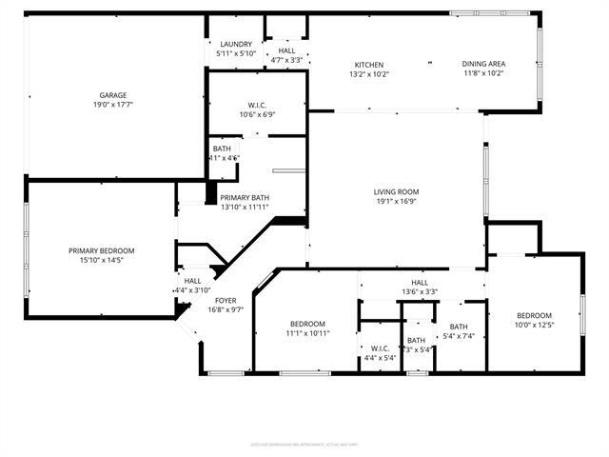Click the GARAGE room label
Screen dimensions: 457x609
click(x=113, y=95)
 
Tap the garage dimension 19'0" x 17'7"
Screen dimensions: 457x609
click(x=113, y=106)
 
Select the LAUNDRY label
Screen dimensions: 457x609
click(x=235, y=44)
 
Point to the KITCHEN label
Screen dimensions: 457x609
click(x=369, y=63)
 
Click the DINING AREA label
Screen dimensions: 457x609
click(x=483, y=63)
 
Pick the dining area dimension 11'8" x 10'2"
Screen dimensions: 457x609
click(x=483, y=73)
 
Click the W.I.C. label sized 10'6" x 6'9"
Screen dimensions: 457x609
click(x=258, y=104)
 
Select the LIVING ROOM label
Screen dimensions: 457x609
click(x=396, y=191)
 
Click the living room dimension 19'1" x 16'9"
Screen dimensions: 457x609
click(x=396, y=202)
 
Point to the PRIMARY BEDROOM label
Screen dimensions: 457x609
click(x=101, y=249)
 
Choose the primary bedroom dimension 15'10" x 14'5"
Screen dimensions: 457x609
click(x=101, y=260)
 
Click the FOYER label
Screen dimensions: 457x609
click(x=226, y=300)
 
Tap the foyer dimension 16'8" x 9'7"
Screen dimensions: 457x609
click(x=226, y=309)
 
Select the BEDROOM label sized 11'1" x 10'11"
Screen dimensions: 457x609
click(x=307, y=323)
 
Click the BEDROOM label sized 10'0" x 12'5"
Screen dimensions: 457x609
click(x=534, y=315)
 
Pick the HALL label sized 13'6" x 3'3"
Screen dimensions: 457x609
click(x=420, y=282)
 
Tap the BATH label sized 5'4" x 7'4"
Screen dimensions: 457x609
click(x=459, y=326)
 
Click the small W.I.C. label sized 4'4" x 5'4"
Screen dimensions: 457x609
click(x=380, y=348)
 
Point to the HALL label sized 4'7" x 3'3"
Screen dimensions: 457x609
click(x=286, y=50)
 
